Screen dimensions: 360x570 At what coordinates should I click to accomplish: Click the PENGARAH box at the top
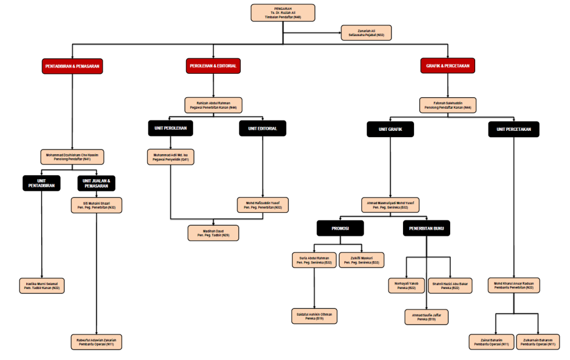tap(283, 13)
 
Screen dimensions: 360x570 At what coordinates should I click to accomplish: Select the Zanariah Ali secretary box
tap(366, 33)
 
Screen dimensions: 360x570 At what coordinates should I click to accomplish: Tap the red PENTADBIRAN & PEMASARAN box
tap(72, 66)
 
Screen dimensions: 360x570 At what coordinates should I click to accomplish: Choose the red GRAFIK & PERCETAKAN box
tap(447, 66)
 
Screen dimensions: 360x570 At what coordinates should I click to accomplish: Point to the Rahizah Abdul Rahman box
tap(212, 105)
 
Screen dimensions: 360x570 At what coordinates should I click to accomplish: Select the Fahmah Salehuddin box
tap(448, 105)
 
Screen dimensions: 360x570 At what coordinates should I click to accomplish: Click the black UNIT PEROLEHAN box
tap(170, 129)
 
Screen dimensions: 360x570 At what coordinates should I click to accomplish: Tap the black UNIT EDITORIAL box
tap(262, 129)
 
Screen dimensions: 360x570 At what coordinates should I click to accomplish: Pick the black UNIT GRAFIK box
tap(390, 129)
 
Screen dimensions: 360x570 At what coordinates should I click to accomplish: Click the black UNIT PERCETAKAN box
tap(514, 129)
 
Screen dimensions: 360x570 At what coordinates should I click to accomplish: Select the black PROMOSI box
tap(340, 229)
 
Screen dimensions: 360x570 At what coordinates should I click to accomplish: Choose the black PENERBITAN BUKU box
tap(426, 229)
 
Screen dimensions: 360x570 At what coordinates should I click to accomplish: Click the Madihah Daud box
tap(213, 233)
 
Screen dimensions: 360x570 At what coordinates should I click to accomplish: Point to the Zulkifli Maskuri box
tap(362, 260)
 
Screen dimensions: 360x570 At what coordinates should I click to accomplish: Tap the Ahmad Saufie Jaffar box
tap(426, 316)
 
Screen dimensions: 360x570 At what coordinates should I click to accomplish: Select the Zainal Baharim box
tap(491, 341)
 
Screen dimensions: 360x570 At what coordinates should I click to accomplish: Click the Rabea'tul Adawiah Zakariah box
tap(97, 341)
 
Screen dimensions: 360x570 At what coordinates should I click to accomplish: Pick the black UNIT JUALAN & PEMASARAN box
tap(97, 183)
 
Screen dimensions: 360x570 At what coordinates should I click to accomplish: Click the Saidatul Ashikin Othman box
tap(314, 316)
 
